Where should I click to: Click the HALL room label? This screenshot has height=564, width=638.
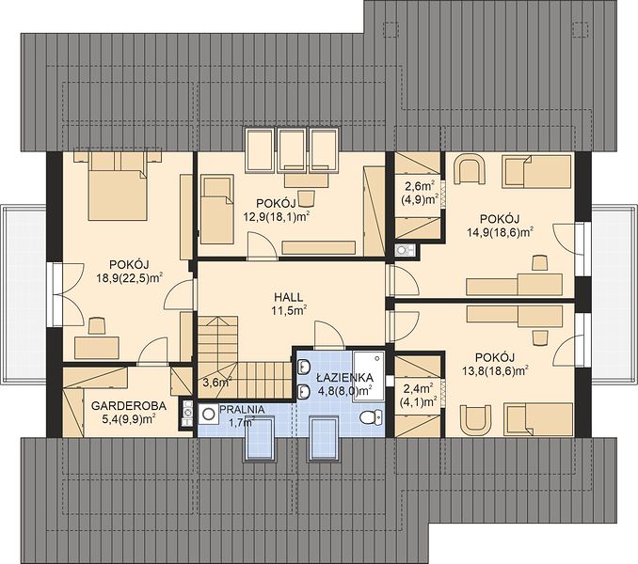click(289, 297)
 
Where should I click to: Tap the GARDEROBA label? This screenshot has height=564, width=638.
click(129, 405)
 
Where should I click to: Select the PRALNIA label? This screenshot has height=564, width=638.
click(242, 410)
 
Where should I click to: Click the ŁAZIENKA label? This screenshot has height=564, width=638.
click(344, 378)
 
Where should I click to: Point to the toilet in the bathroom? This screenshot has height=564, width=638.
click(371, 417)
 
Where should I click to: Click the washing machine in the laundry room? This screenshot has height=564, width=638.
click(209, 415)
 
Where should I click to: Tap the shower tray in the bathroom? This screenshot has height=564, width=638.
click(368, 376)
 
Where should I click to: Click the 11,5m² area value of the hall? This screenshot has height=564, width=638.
click(289, 311)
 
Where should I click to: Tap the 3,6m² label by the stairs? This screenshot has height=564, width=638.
click(217, 382)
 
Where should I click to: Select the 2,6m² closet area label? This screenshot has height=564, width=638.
click(420, 186)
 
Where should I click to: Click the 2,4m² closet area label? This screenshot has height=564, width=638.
click(419, 389)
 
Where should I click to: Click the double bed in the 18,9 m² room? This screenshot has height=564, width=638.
click(118, 187)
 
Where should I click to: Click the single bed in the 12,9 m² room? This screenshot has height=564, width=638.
click(217, 210)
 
